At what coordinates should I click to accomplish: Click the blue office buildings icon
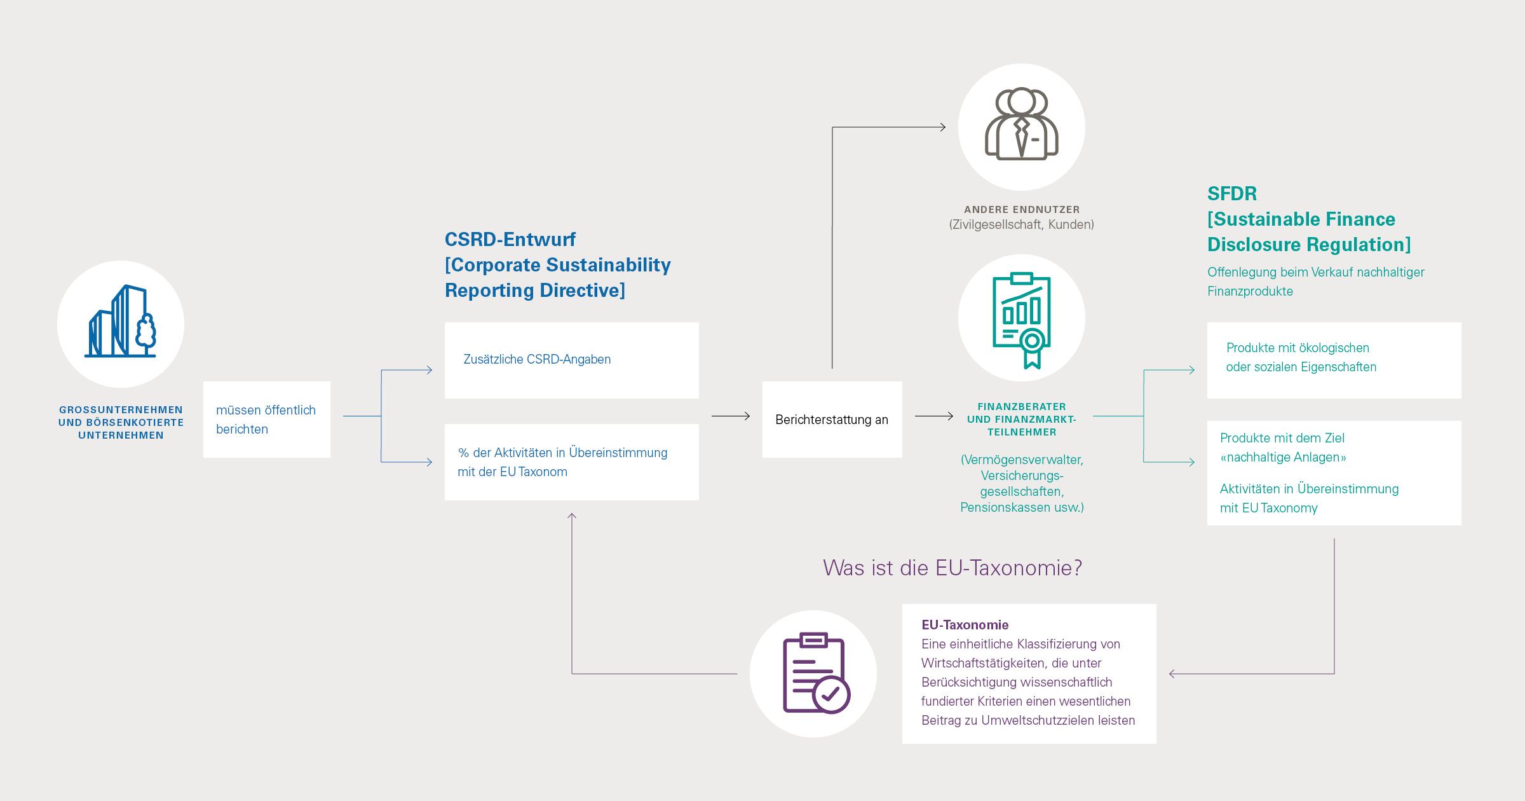121,322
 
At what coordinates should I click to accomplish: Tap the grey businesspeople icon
1021,125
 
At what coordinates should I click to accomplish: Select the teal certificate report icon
1022,319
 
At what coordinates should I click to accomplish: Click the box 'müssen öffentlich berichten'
266,420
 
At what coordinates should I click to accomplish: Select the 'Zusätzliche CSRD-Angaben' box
571,360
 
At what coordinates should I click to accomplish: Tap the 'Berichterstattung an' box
832,420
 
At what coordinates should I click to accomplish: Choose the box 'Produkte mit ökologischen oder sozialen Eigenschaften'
1334,360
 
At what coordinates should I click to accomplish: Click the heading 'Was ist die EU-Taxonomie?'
952,568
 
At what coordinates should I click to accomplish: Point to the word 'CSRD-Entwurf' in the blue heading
510,240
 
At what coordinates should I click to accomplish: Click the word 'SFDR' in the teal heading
1231,194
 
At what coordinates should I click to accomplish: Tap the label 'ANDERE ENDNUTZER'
1022,209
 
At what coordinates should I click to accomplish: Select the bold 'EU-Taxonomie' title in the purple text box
965,625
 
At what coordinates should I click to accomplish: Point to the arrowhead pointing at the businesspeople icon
942,127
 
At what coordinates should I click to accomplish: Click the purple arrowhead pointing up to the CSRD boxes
572,516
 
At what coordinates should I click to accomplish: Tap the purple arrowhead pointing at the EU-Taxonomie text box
1172,674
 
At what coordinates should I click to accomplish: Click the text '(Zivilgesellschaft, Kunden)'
1022,224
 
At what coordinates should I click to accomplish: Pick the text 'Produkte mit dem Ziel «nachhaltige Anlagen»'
1282,448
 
